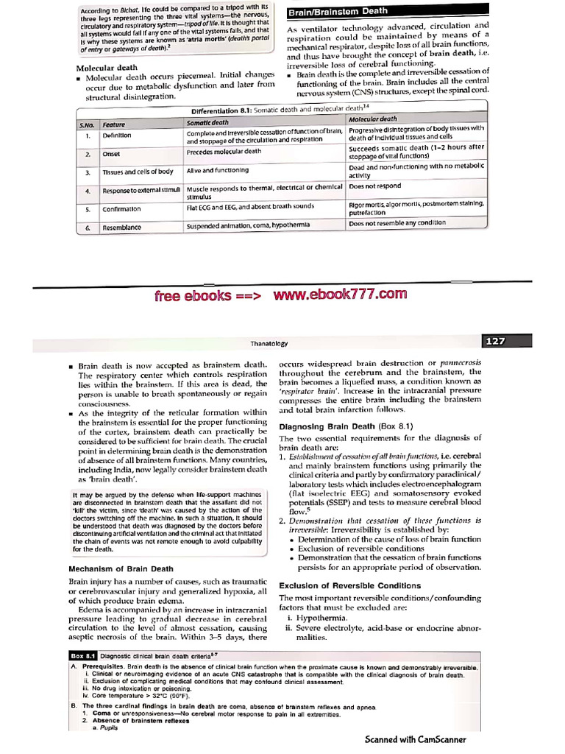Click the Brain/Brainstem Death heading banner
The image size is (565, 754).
tap(338, 12)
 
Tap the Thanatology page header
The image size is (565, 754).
tap(268, 344)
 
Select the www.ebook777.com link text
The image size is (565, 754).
tap(339, 295)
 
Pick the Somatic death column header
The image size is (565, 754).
tap(207, 121)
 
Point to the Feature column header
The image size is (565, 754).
tap(114, 124)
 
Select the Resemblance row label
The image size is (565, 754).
tap(121, 228)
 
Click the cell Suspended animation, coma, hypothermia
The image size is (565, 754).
tap(248, 225)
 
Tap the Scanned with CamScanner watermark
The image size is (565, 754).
tap(416, 739)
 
